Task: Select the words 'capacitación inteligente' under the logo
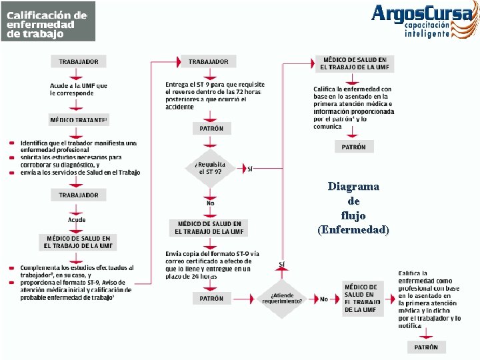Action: tap(435, 29)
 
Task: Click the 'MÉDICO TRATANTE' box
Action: tap(78, 120)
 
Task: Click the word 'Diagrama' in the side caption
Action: tap(353, 186)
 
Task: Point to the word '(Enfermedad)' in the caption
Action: tap(353, 230)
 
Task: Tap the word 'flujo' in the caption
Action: tap(353, 215)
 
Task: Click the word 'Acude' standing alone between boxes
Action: tap(77, 219)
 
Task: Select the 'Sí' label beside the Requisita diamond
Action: tap(250, 168)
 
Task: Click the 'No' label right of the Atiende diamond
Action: tap(323, 299)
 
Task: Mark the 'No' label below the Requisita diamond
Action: tap(211, 202)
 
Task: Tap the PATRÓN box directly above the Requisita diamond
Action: tap(211, 128)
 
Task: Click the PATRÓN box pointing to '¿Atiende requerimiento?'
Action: tap(211, 299)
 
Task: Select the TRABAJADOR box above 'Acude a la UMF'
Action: tap(78, 61)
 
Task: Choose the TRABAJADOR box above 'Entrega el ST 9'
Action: tap(208, 61)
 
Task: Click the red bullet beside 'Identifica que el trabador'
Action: tap(12, 143)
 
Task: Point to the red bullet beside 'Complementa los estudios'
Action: tap(12, 268)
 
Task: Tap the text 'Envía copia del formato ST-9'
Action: tap(213, 254)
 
